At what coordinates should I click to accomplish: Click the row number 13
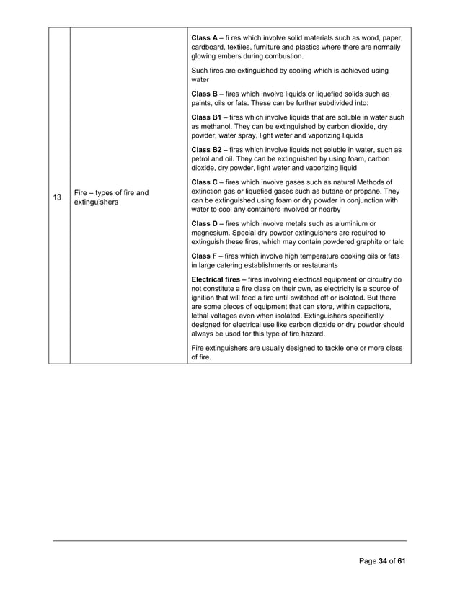59,197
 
